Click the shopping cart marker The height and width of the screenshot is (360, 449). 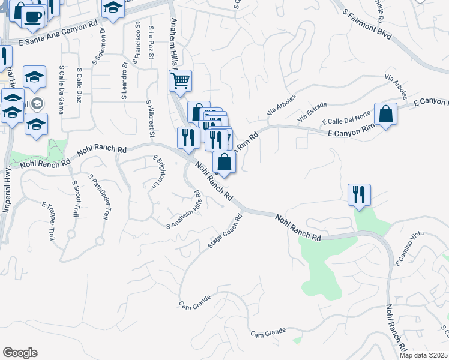pyautogui.click(x=180, y=81)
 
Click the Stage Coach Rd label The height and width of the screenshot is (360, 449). pyautogui.click(x=224, y=230)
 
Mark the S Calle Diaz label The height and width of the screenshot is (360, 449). pyautogui.click(x=79, y=84)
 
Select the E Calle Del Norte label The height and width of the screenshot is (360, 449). pyautogui.click(x=346, y=118)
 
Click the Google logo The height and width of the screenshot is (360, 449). pyautogui.click(x=20, y=352)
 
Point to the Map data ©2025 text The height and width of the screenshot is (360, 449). pyautogui.click(x=423, y=355)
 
